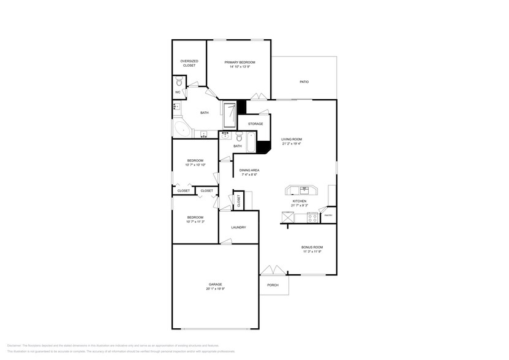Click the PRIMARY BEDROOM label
tap(239, 62)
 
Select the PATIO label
tap(304, 81)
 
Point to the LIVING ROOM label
tap(292, 140)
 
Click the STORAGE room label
tap(255, 124)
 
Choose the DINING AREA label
tap(249, 170)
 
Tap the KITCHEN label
tap(299, 201)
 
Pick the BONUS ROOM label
tap(312, 247)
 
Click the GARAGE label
tap(215, 284)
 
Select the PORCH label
tap(273, 285)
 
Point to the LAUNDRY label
tap(238, 227)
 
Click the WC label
tap(178, 92)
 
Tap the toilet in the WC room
tap(179, 81)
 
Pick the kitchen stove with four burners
tap(312, 216)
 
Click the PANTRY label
tap(328, 216)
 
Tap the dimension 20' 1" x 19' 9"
tap(215, 288)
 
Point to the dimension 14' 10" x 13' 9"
tap(239, 66)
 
